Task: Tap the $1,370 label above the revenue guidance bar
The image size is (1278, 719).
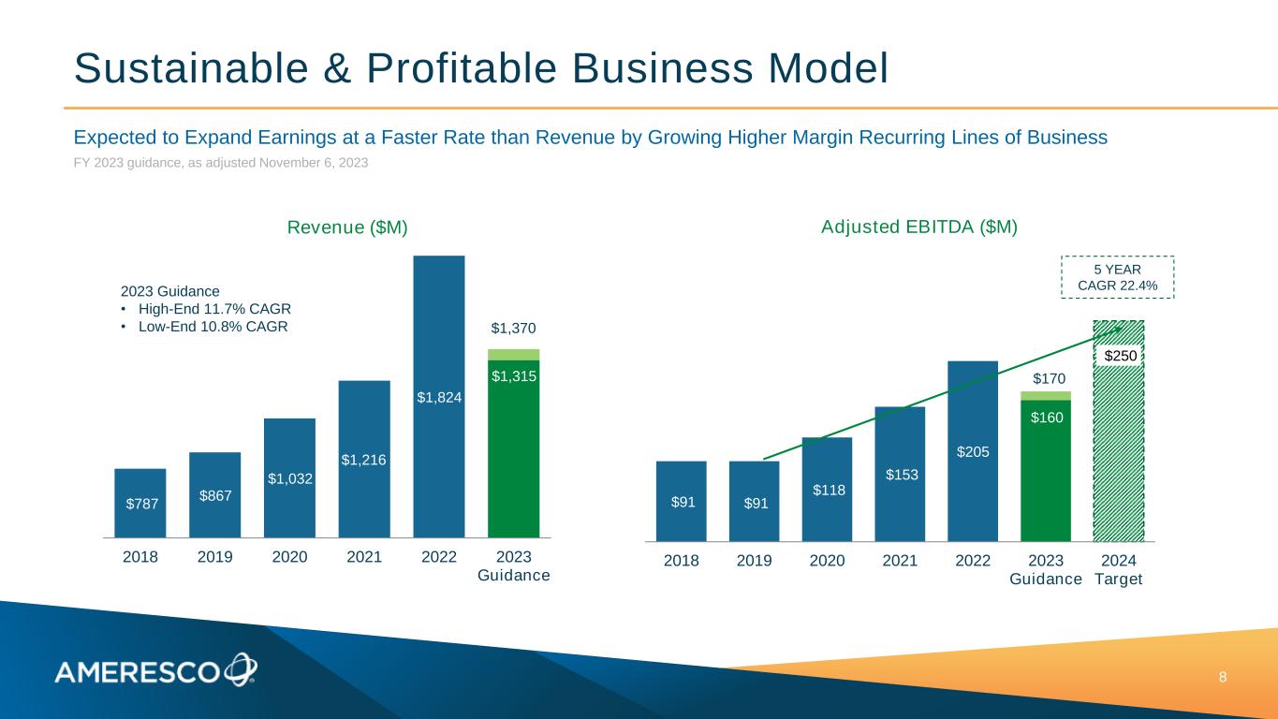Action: pyautogui.click(x=513, y=329)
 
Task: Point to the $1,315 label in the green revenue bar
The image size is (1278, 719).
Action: pyautogui.click(x=513, y=375)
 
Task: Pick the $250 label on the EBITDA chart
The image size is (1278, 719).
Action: pyautogui.click(x=1120, y=356)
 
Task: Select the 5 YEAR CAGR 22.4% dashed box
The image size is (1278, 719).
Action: pyautogui.click(x=1117, y=277)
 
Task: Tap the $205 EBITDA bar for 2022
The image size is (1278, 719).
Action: pyautogui.click(x=973, y=450)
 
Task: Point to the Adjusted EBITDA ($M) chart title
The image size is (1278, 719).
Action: pyautogui.click(x=919, y=227)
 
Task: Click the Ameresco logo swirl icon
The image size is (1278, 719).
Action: pyautogui.click(x=240, y=668)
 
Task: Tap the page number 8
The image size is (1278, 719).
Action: pyautogui.click(x=1222, y=677)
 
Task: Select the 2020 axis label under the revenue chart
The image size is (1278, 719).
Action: pyautogui.click(x=289, y=557)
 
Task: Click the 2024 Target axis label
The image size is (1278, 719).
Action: pyautogui.click(x=1119, y=569)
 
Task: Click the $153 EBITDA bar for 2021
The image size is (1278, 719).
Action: pyautogui.click(x=900, y=474)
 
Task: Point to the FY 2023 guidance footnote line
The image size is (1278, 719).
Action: pyautogui.click(x=221, y=163)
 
